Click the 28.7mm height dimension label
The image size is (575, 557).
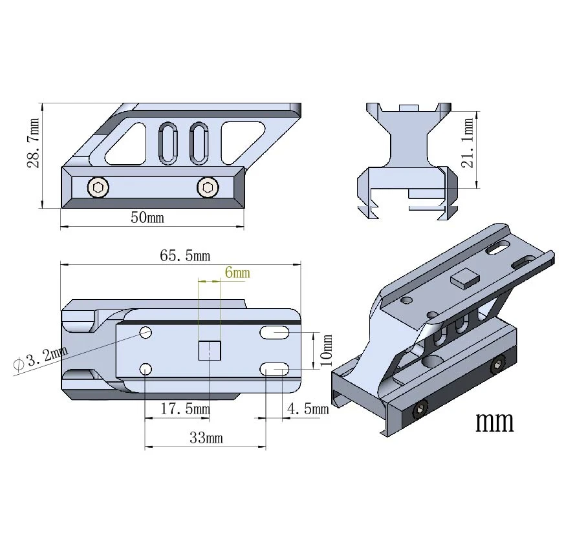[33, 143]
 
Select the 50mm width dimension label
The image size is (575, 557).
[147, 217]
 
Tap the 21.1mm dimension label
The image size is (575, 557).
[467, 143]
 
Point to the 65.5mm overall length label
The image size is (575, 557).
[185, 255]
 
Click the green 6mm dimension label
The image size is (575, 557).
[237, 272]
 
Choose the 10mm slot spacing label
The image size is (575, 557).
[326, 350]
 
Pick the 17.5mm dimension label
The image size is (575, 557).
[185, 408]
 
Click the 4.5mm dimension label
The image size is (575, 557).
[308, 408]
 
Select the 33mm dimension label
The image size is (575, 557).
[206, 437]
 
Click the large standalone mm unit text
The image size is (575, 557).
[495, 422]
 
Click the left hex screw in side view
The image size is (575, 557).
[98, 187]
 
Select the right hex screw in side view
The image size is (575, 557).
[208, 187]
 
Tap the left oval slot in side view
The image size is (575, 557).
[168, 143]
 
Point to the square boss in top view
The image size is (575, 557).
[210, 351]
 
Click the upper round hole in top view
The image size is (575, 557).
[146, 332]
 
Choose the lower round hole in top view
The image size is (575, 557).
[146, 369]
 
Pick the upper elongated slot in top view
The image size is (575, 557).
[274, 333]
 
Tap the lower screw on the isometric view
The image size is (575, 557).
[421, 409]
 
